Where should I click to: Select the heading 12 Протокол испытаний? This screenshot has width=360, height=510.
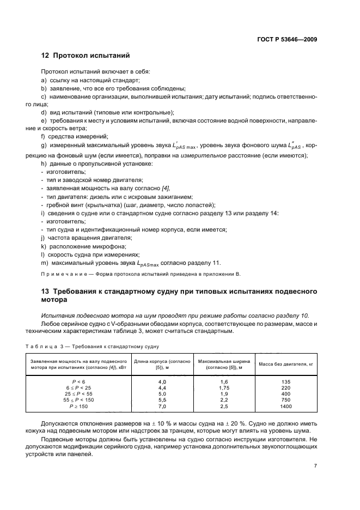[86, 56]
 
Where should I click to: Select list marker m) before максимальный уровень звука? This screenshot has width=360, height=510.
[44, 263]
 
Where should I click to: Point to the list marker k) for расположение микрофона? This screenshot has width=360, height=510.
[44, 246]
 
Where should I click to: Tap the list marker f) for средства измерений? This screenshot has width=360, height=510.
[43, 136]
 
